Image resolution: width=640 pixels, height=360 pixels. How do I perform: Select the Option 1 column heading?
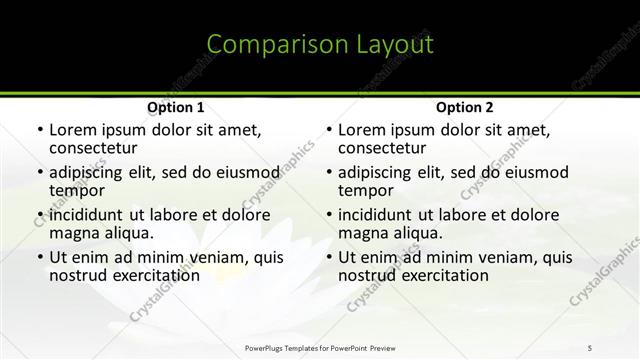click(x=176, y=107)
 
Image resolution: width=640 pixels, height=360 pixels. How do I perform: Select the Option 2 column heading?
click(x=465, y=107)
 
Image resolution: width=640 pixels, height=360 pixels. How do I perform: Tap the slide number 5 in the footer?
click(x=590, y=347)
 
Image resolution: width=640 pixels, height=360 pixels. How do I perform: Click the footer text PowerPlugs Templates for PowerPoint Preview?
click(x=319, y=347)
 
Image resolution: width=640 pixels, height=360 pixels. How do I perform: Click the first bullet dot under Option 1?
click(x=38, y=130)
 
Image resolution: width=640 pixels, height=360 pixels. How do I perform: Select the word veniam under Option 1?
click(x=222, y=257)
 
